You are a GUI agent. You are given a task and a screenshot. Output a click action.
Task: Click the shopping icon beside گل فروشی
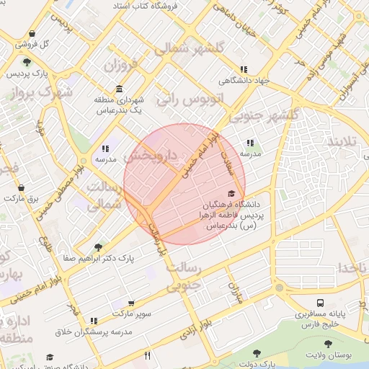coord(32,33)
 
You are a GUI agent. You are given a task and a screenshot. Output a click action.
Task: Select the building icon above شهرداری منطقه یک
coord(118,89)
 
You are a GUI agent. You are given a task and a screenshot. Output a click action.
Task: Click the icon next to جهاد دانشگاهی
coord(254,69)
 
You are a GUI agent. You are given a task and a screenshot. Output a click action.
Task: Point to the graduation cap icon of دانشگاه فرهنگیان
coord(231,193)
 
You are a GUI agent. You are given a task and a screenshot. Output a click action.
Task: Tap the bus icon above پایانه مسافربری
coord(319,303)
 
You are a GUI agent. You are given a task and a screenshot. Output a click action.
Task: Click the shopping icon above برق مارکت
coord(20,187)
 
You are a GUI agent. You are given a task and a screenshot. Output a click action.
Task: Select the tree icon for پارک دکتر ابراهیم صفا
coord(98,247)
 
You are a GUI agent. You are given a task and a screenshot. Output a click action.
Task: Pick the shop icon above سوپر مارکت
coord(130,303)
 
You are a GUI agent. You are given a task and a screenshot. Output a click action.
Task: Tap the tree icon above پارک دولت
coord(257,353)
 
